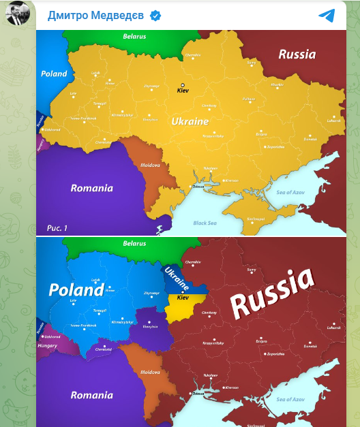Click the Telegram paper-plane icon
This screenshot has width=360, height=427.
tap(327, 16)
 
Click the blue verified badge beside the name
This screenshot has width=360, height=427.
tap(155, 16)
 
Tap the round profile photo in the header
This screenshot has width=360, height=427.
tap(18, 13)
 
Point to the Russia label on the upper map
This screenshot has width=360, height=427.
tap(297, 54)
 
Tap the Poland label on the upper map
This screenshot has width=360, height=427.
tap(54, 74)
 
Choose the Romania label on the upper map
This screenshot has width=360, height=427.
tap(92, 188)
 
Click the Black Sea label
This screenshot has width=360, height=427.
tap(205, 223)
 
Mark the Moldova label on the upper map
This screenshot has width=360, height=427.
tap(149, 165)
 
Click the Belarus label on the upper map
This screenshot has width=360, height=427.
tap(134, 37)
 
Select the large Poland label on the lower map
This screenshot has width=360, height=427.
tap(76, 290)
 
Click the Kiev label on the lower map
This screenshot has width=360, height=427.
tap(183, 298)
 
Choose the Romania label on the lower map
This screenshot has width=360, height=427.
tap(92, 395)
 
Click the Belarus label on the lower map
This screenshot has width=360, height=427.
tap(134, 244)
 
